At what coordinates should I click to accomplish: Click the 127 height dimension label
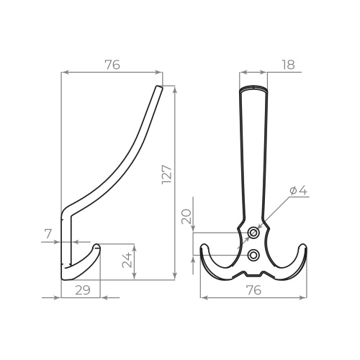tap(167, 174)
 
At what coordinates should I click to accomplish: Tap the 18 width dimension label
tap(288, 65)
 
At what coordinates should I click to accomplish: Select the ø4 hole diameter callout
tap(299, 191)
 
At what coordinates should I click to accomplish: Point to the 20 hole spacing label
tap(186, 217)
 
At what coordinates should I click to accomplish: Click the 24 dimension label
tap(127, 260)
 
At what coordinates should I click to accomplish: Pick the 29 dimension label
tap(83, 290)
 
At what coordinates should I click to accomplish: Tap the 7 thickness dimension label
tap(48, 233)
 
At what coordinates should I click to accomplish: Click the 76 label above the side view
tap(112, 65)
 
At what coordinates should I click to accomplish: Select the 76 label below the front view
tap(253, 290)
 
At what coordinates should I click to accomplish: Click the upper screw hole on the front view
tap(253, 233)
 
